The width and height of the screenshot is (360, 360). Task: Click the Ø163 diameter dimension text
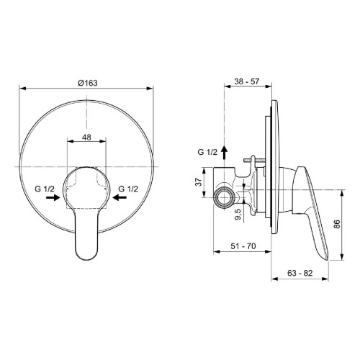coord(87,83)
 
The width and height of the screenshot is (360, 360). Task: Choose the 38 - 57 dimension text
coord(248,83)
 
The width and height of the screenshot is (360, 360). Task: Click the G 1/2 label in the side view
coord(207,152)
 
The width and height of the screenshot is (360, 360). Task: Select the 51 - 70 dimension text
coord(243,246)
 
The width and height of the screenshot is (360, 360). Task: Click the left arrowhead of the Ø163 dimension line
coord(22,89)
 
